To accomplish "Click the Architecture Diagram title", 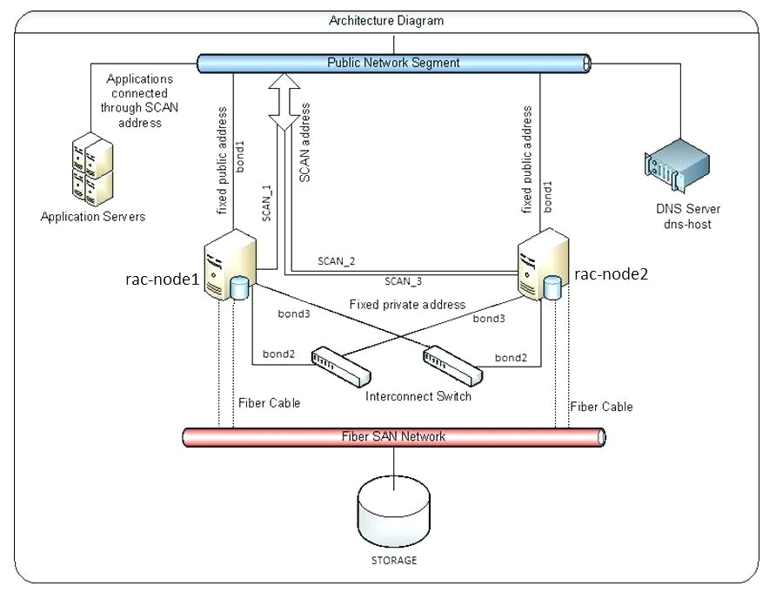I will [386, 20].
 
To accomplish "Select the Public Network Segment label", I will [393, 63].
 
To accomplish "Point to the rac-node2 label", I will [612, 273].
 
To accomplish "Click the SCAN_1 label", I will [267, 202].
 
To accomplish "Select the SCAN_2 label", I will [336, 260].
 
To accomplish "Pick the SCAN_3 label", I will [403, 281].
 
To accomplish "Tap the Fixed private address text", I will [407, 305].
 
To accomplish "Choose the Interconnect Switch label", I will [418, 396].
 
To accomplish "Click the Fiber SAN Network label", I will [393, 436].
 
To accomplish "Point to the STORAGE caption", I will [395, 560].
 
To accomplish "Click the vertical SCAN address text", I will [305, 142].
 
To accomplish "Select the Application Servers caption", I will [93, 216].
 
